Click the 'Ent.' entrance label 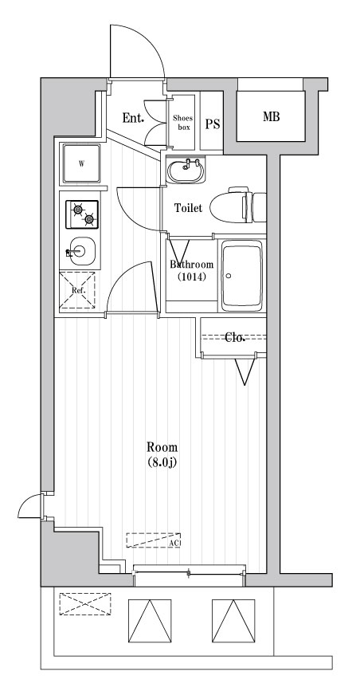(132, 119)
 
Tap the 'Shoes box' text (183, 121)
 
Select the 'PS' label (212, 124)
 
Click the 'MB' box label (272, 117)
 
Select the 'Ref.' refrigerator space (78, 290)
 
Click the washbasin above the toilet (187, 170)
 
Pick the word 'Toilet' (188, 208)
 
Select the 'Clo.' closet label (234, 337)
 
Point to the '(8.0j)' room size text (162, 463)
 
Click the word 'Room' (162, 447)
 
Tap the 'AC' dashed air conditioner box (154, 540)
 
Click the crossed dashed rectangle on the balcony (84, 604)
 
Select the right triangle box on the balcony (233, 618)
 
